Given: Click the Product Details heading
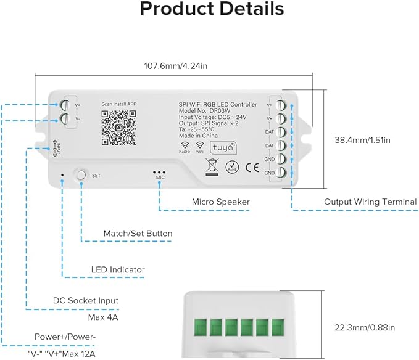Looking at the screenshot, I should [x=212, y=10].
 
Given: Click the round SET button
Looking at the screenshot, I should [x=81, y=174].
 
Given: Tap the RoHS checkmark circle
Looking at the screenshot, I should [x=232, y=166].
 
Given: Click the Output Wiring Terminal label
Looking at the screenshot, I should [x=370, y=202].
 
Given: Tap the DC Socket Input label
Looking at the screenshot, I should [x=85, y=300].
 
